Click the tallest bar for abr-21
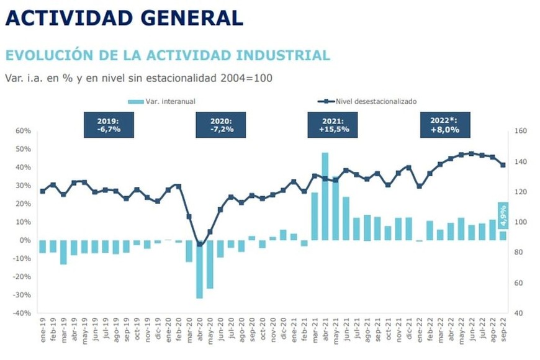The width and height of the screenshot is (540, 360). click(325, 196)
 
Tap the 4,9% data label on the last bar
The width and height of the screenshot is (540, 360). click(503, 216)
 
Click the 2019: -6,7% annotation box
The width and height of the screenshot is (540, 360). click(109, 125)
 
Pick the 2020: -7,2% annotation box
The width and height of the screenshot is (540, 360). click(220, 125)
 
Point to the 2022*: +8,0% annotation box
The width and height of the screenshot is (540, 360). click(444, 125)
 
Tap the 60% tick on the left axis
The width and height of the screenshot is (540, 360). click(22, 131)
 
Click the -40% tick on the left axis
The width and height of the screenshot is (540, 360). click(21, 313)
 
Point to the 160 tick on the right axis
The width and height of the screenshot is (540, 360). click(520, 131)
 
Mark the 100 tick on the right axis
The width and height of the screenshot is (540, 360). click(520, 222)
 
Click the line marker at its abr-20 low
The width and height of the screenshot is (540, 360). click(199, 245)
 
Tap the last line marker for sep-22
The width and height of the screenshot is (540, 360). click(503, 164)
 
